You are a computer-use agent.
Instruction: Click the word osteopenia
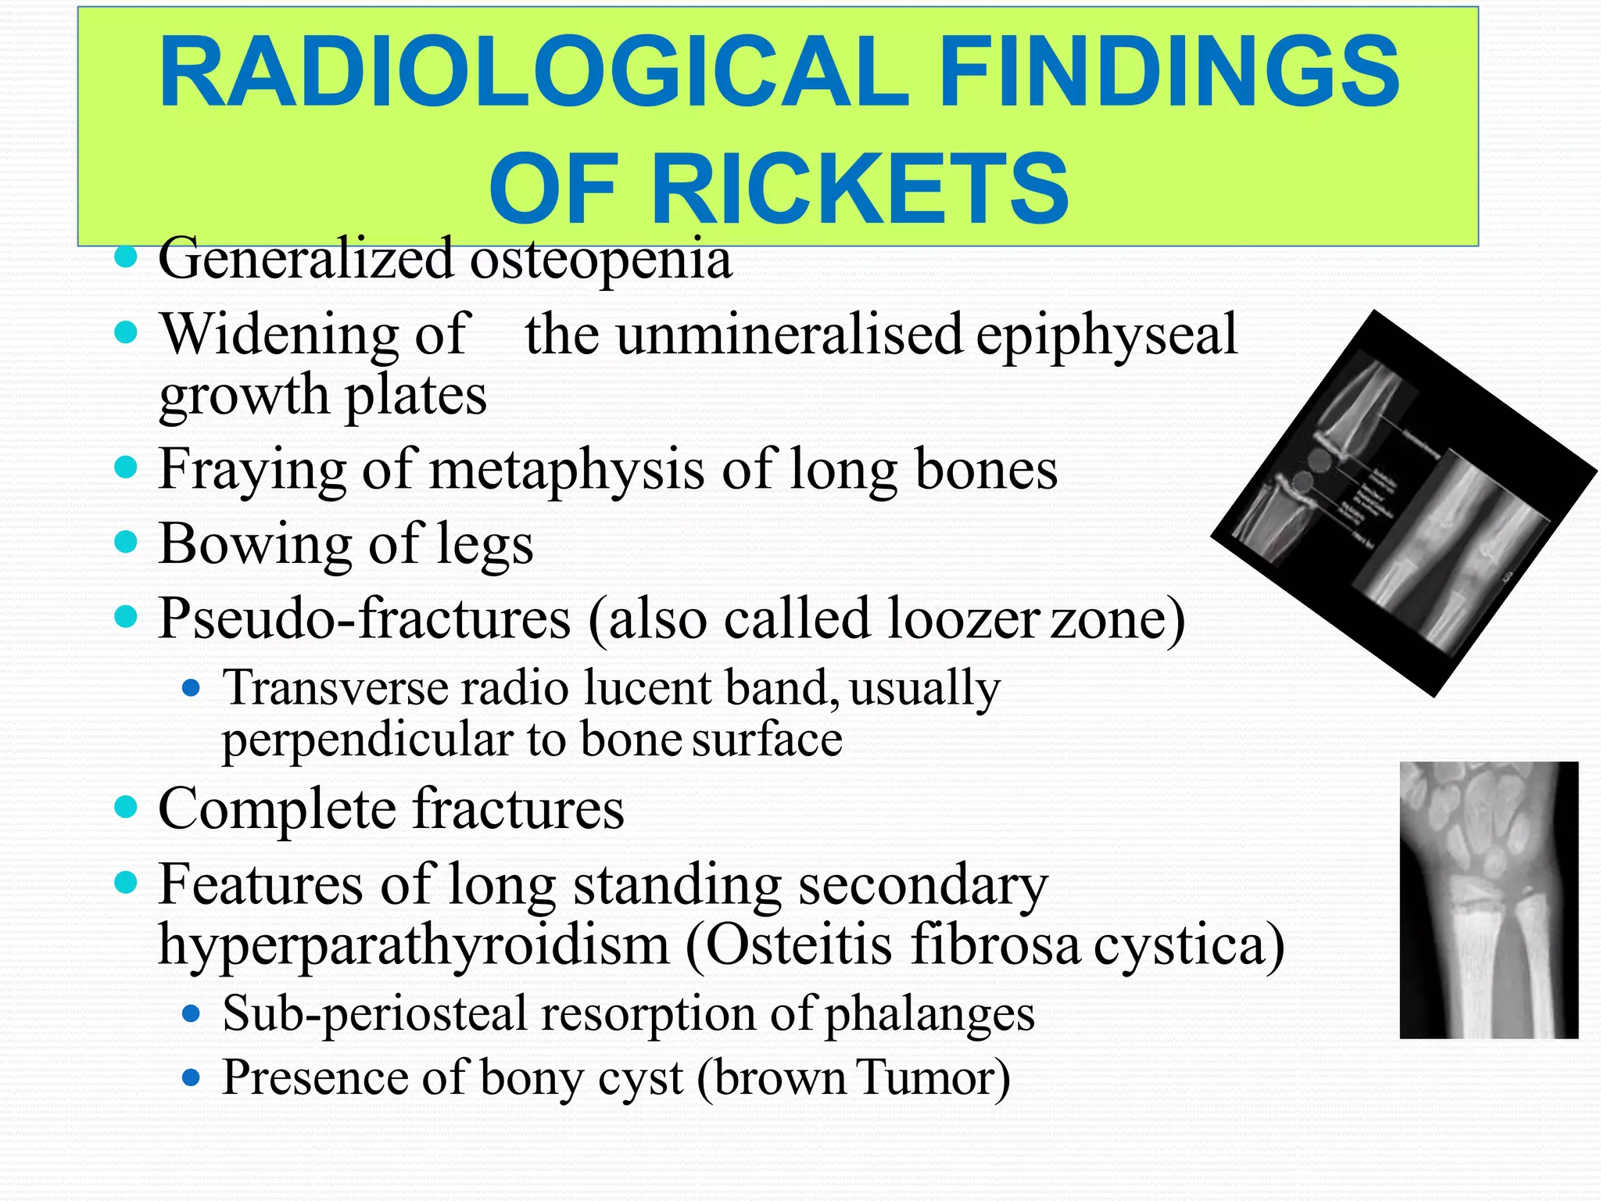coord(600,259)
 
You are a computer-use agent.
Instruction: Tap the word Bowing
coord(255,543)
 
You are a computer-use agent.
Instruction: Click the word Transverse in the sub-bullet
coord(336,688)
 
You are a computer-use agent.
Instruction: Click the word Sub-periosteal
coord(374,1014)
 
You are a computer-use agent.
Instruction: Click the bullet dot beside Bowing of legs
coord(125,541)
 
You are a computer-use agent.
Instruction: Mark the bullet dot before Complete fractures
coord(125,806)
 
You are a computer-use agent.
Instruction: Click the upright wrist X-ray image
coord(1488,899)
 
